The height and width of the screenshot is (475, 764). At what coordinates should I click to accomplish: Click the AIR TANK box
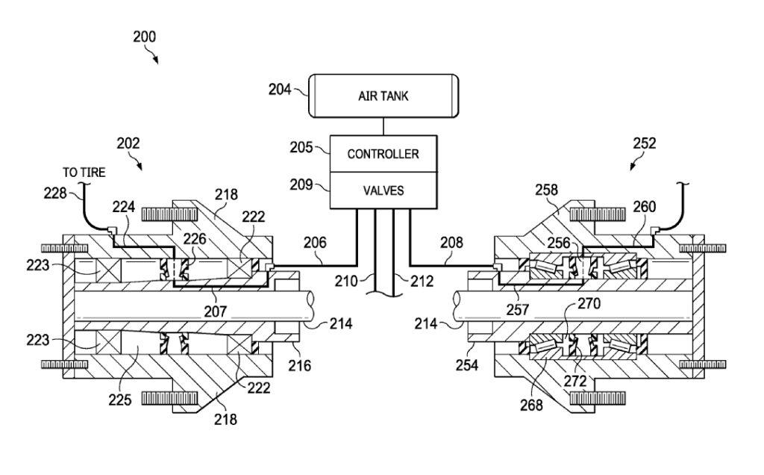(383, 96)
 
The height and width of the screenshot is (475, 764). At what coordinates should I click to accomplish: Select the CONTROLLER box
(383, 154)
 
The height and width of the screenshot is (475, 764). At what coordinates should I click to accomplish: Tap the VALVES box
(383, 190)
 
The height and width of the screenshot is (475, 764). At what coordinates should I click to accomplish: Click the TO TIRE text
(84, 173)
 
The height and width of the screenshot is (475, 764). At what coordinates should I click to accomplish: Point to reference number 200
(145, 37)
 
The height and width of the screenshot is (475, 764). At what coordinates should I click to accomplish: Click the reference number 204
(280, 89)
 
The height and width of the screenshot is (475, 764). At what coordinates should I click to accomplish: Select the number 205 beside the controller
(301, 147)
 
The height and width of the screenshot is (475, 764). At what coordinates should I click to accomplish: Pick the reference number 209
(301, 184)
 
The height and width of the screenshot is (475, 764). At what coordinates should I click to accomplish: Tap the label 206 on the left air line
(316, 243)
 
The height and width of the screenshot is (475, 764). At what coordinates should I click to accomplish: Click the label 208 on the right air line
(451, 243)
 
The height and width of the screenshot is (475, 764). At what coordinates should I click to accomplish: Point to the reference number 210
(346, 281)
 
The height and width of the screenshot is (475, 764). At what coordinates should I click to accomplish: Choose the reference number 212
(422, 281)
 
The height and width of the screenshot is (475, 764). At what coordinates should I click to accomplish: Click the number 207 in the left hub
(215, 311)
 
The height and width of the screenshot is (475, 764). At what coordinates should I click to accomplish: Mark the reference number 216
(299, 365)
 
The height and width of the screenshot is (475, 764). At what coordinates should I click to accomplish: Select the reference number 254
(467, 364)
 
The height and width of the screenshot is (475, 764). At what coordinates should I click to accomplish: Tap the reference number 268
(531, 404)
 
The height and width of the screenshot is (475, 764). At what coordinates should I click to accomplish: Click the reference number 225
(120, 400)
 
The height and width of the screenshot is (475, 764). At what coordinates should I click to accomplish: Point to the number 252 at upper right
(644, 143)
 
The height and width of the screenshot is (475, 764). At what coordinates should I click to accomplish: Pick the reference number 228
(55, 193)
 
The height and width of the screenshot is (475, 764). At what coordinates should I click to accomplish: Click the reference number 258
(546, 189)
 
